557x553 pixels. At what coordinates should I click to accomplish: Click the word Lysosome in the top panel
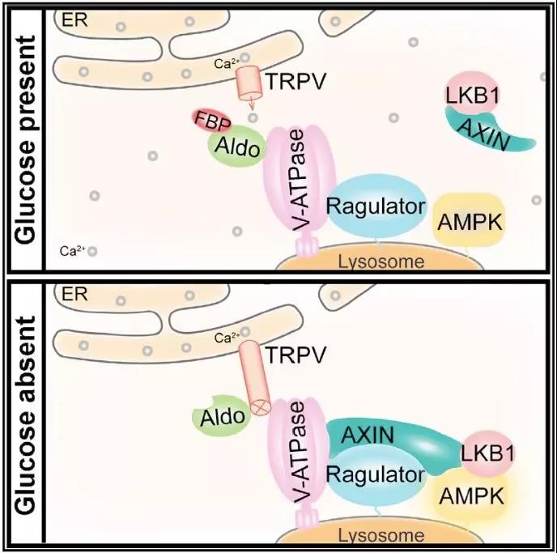[381, 261]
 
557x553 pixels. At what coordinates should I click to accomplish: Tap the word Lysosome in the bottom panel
[381, 535]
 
